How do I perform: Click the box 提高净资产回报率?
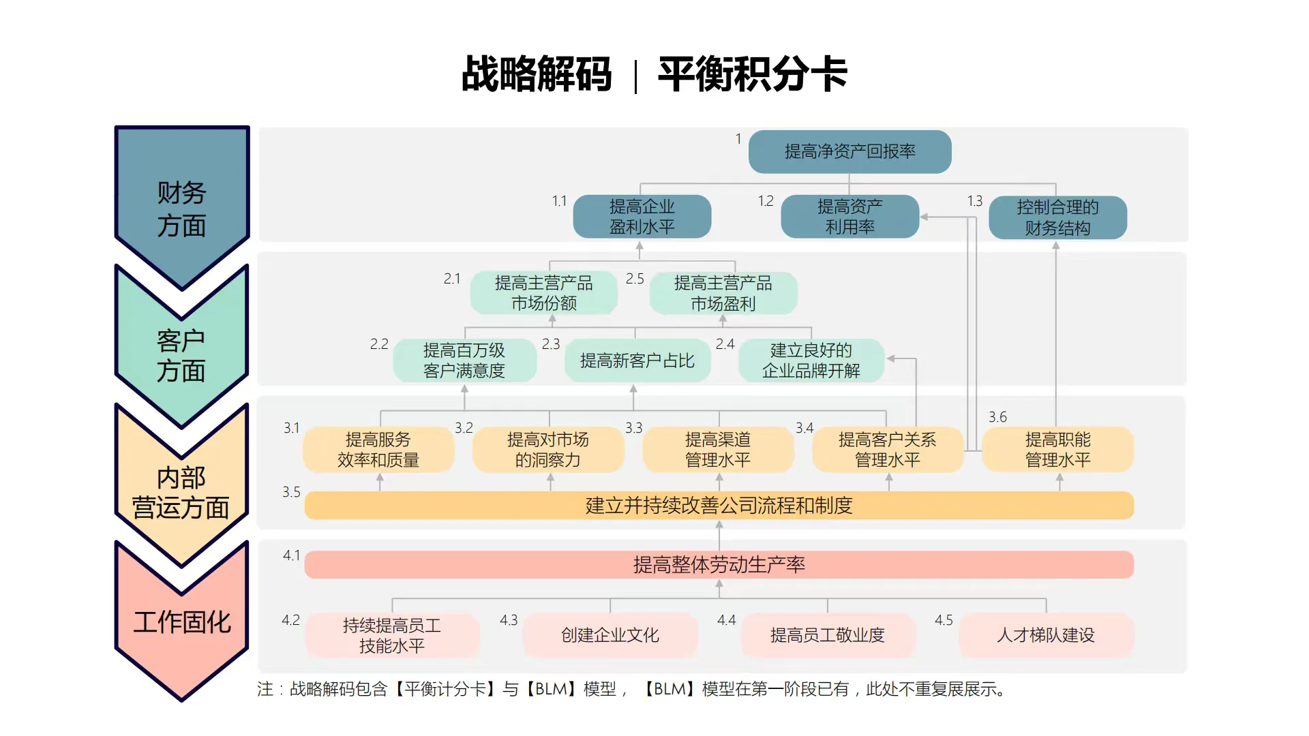coord(849,151)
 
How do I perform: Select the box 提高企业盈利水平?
coord(642,217)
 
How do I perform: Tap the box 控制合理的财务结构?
coord(1057,217)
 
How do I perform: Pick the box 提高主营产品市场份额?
coord(543,293)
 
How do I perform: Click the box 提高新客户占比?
coord(637,361)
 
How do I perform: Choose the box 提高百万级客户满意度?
coord(464,361)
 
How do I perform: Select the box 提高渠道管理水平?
coord(718,450)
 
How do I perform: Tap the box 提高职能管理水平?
coord(1057,450)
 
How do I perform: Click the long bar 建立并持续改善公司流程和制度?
coord(719,506)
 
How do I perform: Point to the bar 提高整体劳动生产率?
coord(719,565)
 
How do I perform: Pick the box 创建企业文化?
coord(610,635)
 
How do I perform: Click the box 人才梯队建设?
coord(1046,635)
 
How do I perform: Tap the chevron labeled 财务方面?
coord(181,204)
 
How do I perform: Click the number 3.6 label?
coord(997,417)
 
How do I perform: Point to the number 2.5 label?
coord(635,279)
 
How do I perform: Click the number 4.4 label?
coord(726,620)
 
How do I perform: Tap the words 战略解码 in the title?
coord(537,74)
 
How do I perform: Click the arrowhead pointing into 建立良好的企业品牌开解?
coord(891,358)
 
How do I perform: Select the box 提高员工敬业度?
coord(827,635)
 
